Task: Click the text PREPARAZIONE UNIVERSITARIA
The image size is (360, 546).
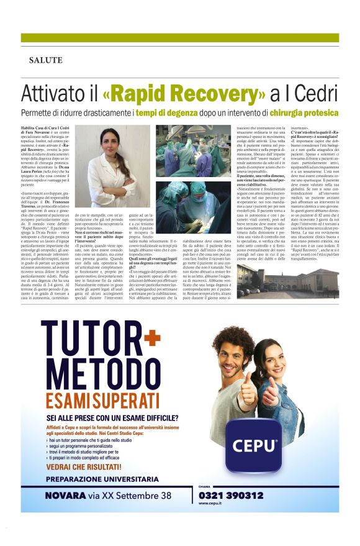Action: [x=102, y=479]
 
